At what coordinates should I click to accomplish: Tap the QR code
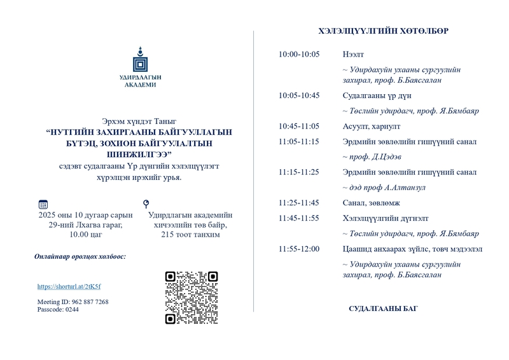[192, 297]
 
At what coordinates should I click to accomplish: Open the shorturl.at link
[69, 287]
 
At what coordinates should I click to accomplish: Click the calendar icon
[43, 204]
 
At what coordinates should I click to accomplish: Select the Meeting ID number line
[73, 301]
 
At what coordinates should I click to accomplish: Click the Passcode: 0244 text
[58, 309]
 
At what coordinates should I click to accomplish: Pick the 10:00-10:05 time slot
[299, 54]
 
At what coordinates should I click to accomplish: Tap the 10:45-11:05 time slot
[299, 126]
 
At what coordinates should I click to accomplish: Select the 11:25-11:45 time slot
[299, 202]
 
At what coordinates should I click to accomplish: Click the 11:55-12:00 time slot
[299, 249]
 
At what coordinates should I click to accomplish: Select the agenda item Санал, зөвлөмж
[369, 202]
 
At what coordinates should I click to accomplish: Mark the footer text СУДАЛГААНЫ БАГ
[383, 309]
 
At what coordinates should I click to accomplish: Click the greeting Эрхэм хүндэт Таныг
[139, 120]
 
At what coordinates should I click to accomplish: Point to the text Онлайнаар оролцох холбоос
[80, 256]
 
